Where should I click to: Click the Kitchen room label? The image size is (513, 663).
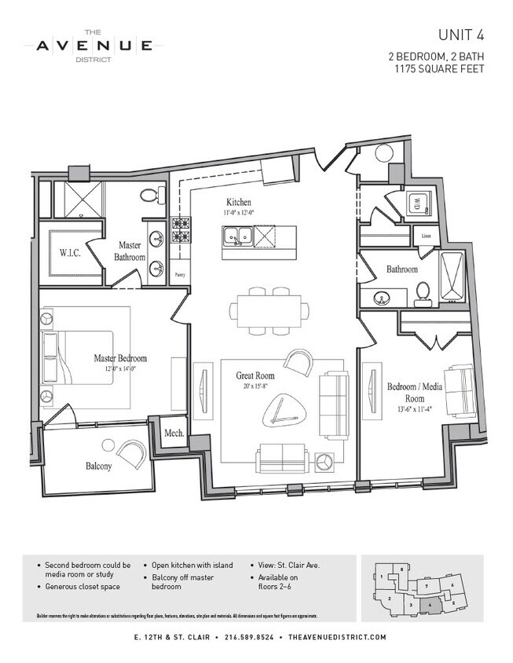[239, 201]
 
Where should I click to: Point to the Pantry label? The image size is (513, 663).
[179, 274]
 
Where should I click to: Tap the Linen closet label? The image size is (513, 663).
[426, 235]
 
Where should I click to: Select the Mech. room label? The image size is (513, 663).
[173, 434]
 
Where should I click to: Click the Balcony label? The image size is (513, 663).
[98, 466]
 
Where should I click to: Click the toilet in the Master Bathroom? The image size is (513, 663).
[148, 195]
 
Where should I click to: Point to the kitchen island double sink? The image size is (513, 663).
[236, 234]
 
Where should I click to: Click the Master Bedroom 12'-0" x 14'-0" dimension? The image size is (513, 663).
[120, 368]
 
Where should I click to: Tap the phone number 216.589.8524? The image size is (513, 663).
[249, 637]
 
